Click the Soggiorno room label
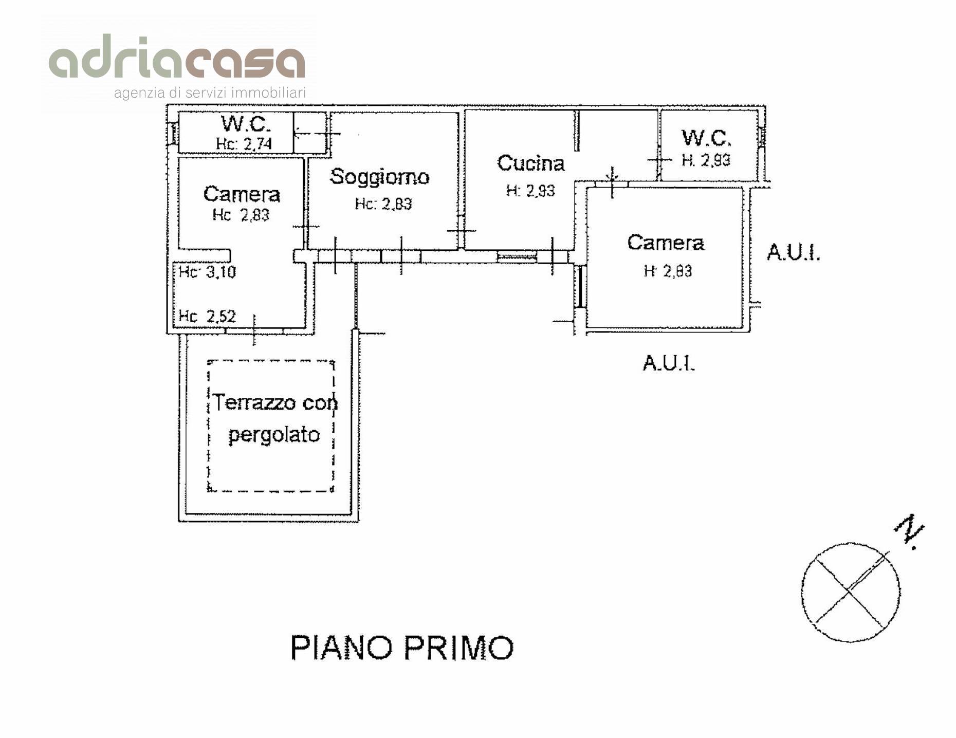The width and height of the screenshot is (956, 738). [x=379, y=177]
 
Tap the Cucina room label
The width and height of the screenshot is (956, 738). [x=530, y=163]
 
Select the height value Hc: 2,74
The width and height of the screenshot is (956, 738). [x=244, y=143]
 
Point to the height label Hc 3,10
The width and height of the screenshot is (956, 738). [x=207, y=271]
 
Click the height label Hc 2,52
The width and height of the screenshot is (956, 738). [x=207, y=316]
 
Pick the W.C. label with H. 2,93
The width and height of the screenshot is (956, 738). [x=706, y=138]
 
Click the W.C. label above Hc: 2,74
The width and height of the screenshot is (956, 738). [x=246, y=124]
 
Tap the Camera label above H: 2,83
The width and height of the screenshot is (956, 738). [x=666, y=243]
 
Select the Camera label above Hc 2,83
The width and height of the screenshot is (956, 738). [x=242, y=194]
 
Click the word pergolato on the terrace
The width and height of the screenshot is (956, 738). [x=274, y=435]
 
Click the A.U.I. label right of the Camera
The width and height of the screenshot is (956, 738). [x=793, y=252]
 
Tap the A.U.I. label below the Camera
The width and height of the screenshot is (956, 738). [x=669, y=363]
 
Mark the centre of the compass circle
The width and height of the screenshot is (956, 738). [x=850, y=592]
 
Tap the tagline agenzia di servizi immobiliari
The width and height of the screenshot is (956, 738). [x=210, y=93]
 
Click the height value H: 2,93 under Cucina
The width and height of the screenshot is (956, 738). [x=530, y=191]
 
